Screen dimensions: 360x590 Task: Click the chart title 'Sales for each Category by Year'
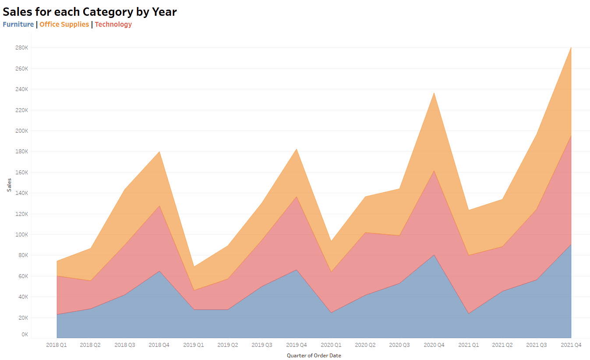click(90, 12)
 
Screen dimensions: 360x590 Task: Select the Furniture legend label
click(18, 25)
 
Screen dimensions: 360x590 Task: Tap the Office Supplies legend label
click(64, 25)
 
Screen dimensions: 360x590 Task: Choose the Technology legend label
click(113, 25)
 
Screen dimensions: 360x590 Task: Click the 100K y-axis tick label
click(21, 235)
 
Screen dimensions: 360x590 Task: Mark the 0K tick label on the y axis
click(25, 335)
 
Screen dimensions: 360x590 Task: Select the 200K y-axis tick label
click(21, 131)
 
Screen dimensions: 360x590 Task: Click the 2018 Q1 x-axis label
click(57, 345)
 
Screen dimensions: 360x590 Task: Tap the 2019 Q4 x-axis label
click(296, 345)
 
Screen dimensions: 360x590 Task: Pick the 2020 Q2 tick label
click(365, 345)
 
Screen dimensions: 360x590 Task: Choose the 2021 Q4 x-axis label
click(571, 345)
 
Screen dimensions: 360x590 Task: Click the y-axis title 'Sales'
click(9, 184)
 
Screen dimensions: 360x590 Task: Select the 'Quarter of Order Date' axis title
click(314, 356)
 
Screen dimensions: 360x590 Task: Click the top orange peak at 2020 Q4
click(434, 93)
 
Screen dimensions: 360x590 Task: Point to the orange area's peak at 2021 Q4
click(571, 47)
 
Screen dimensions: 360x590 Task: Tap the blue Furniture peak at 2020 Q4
click(434, 255)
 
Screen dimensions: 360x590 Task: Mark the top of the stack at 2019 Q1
click(194, 266)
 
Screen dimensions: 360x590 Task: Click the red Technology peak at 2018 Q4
click(159, 206)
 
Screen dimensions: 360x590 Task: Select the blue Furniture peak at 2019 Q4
click(297, 270)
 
